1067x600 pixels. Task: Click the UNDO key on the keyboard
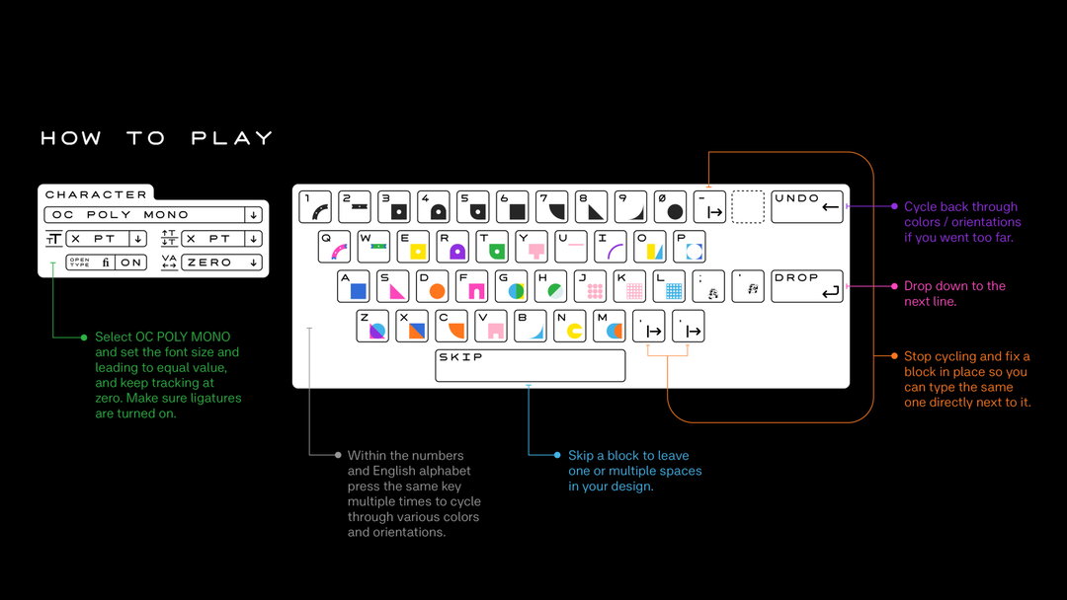[806, 206]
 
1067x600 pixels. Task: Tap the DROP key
[806, 286]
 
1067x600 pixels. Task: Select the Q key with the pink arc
[334, 247]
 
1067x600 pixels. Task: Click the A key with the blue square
[353, 286]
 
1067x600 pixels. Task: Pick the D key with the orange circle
[432, 286]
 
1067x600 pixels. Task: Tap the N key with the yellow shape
[570, 326]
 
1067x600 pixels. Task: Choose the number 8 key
[592, 206]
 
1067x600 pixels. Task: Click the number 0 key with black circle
[670, 206]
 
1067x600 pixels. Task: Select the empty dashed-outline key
[748, 206]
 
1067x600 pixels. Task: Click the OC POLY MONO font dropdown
[153, 215]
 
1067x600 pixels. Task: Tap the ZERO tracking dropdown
[221, 262]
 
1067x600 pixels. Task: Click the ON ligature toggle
[131, 262]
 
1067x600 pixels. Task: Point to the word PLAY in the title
[232, 138]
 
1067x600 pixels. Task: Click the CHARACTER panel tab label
[96, 194]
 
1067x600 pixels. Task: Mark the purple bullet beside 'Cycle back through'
[894, 206]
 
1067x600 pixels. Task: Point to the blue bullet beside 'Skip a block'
[557, 455]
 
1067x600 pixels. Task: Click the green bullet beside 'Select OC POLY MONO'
[84, 337]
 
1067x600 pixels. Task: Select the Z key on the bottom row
[372, 326]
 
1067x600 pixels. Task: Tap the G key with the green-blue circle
[511, 286]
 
